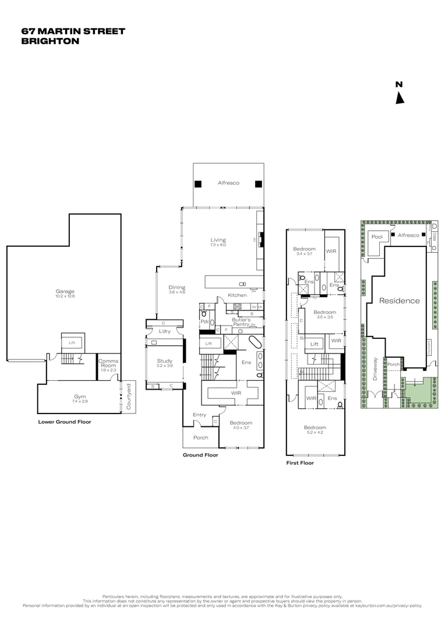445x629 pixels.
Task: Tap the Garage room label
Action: [65, 292]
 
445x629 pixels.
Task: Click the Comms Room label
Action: [108, 363]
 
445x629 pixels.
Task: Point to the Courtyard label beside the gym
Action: [129, 396]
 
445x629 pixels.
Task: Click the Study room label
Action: [165, 361]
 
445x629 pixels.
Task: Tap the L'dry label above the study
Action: [164, 331]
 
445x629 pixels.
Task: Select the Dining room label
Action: [176, 287]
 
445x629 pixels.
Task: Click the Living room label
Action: [218, 240]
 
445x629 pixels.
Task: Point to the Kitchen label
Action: [237, 295]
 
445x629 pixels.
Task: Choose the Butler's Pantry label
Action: [241, 321]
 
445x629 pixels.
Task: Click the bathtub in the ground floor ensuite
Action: [256, 342]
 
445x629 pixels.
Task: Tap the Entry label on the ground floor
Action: [200, 415]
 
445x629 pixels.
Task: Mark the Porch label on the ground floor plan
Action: [201, 438]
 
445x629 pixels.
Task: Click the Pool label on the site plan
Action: [377, 237]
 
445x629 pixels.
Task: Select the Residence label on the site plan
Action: [399, 301]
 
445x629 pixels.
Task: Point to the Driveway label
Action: [376, 369]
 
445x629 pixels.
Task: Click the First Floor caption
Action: [299, 463]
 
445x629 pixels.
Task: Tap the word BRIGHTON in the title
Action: [50, 41]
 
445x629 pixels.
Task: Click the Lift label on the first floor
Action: [314, 344]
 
